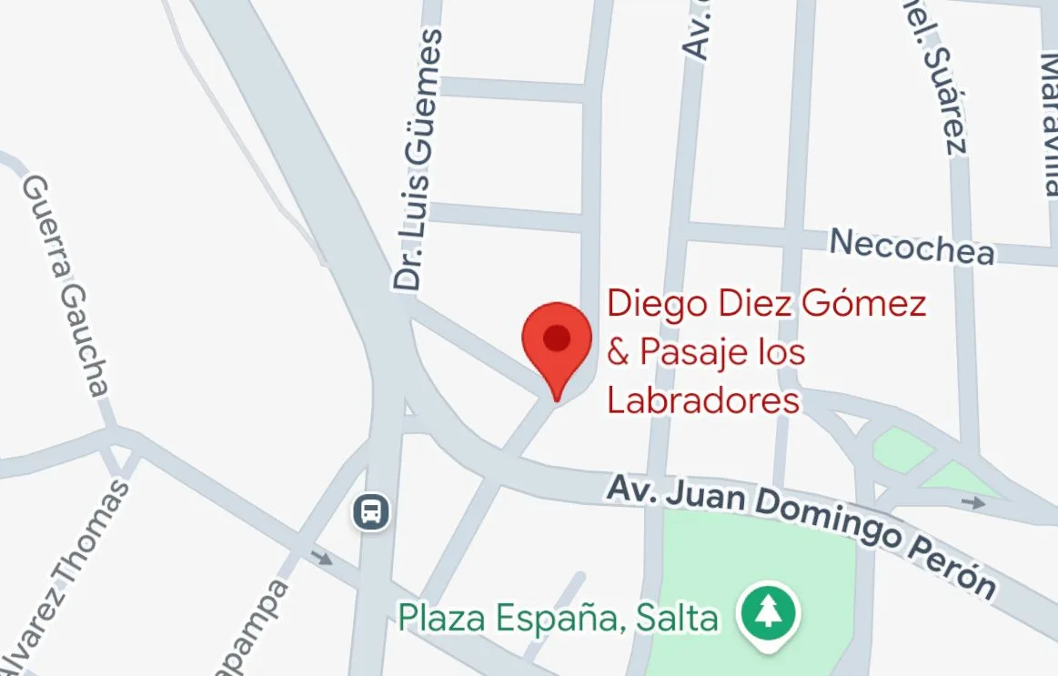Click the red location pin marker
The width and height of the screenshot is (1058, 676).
click(x=556, y=340)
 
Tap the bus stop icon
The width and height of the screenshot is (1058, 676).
click(x=371, y=511)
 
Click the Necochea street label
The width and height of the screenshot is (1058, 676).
click(x=912, y=247)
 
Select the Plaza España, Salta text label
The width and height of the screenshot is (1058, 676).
click(x=558, y=619)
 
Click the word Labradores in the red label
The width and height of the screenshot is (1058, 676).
click(x=703, y=400)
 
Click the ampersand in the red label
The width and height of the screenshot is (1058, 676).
click(x=618, y=352)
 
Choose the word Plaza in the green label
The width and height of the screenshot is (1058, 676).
click(x=434, y=619)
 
